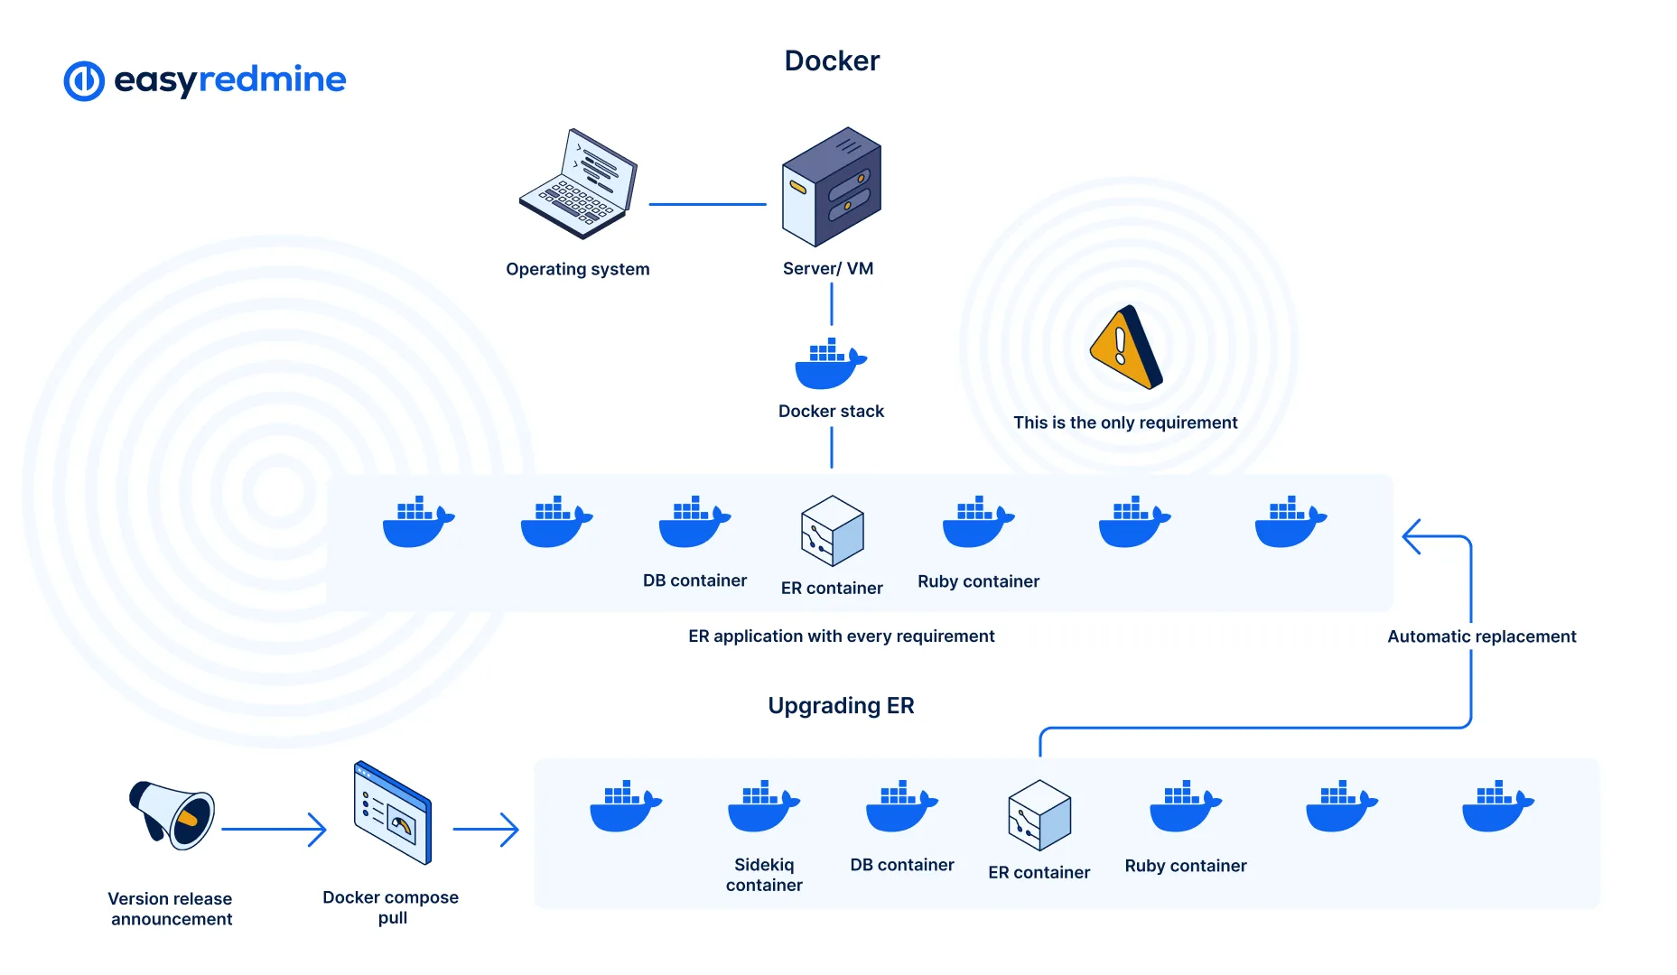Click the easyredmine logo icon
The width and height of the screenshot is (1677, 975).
(x=84, y=81)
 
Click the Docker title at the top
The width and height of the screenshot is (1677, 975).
(x=831, y=60)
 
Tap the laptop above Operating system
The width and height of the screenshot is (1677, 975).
(x=578, y=185)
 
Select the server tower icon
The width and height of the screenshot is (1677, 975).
(x=831, y=187)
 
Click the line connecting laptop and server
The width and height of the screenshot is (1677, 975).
(x=707, y=204)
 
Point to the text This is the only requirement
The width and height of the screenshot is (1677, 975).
(x=1124, y=422)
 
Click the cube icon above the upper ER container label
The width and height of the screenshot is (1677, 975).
(x=832, y=531)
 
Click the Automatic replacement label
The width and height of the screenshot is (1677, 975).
(x=1481, y=636)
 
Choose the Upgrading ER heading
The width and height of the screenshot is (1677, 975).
(x=841, y=705)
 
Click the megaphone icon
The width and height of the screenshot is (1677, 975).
(x=172, y=814)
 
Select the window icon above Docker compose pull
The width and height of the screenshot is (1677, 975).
(x=392, y=813)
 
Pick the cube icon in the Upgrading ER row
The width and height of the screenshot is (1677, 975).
(x=1039, y=815)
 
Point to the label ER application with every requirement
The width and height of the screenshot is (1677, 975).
(x=841, y=636)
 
